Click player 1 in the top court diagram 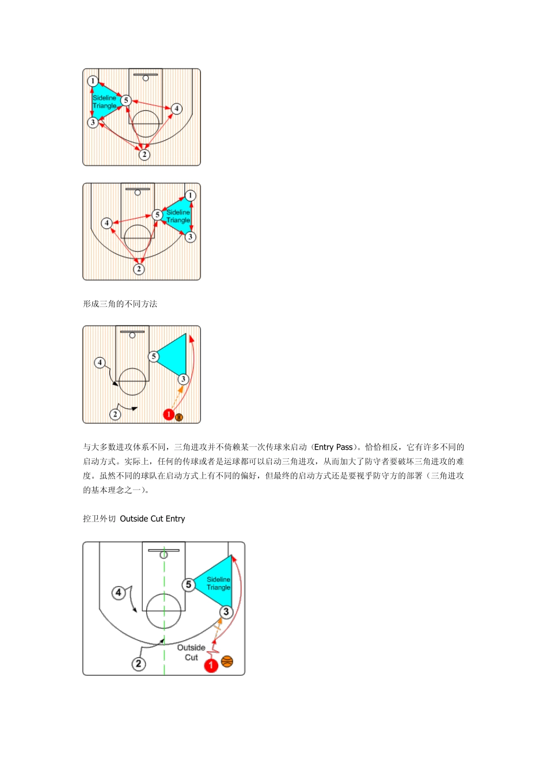(x=93, y=81)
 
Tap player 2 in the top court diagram (x=144, y=154)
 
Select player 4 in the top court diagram (x=177, y=108)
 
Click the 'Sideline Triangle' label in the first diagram (x=104, y=102)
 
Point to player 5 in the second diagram (x=157, y=215)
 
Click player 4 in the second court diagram (x=107, y=223)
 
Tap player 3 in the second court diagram (x=190, y=237)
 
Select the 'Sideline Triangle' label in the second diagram (x=178, y=216)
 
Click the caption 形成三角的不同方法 (x=120, y=304)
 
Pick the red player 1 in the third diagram (x=169, y=414)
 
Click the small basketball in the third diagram (x=179, y=417)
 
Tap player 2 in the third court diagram (x=115, y=414)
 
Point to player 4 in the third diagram (x=100, y=362)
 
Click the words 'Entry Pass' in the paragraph (x=333, y=447)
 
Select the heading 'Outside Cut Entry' (x=153, y=519)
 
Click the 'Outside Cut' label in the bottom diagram (x=191, y=652)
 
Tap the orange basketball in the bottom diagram (x=227, y=661)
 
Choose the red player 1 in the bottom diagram (x=211, y=665)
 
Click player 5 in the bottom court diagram (x=188, y=584)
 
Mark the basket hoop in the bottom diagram (x=164, y=554)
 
